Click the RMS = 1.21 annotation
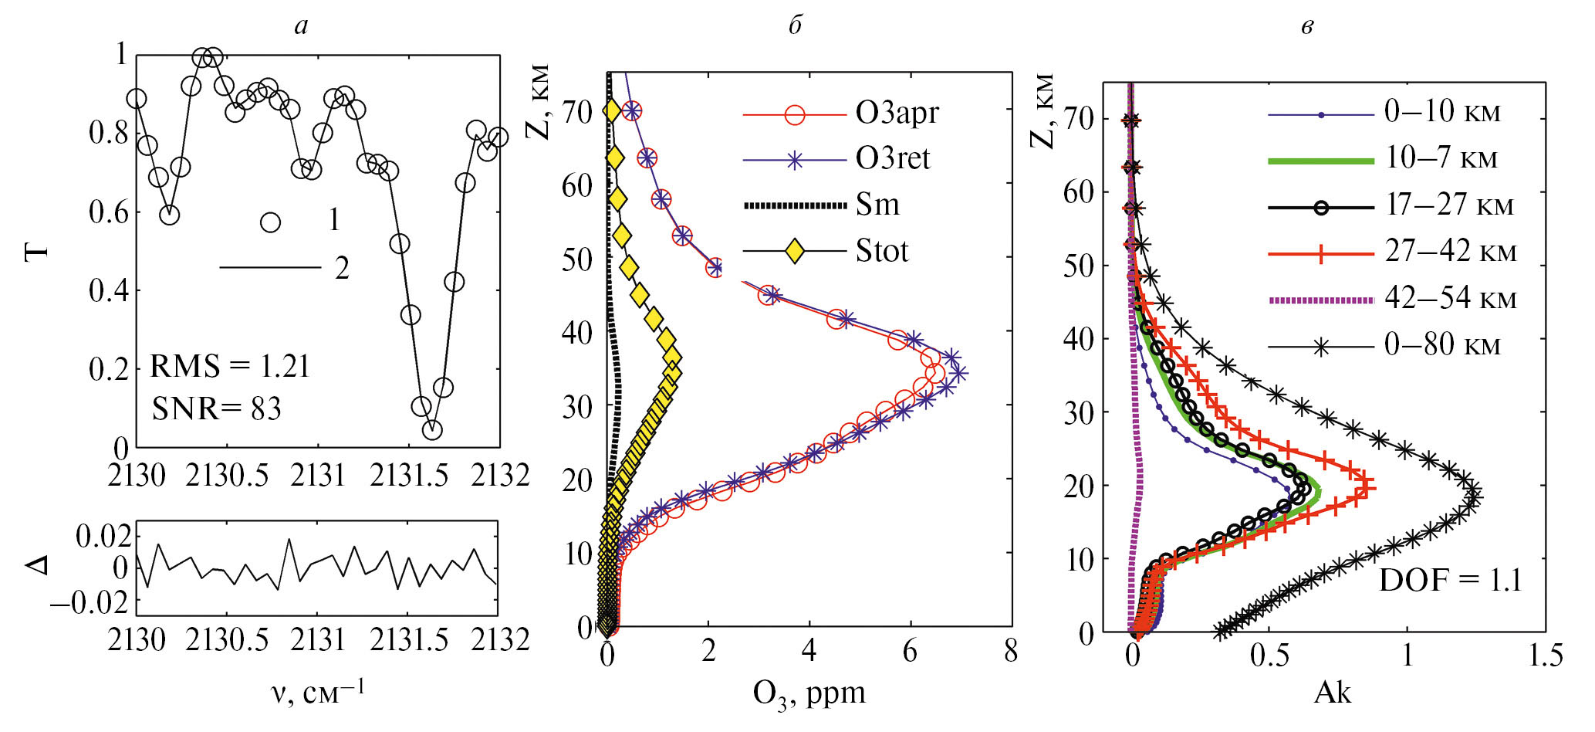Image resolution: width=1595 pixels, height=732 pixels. coord(229,366)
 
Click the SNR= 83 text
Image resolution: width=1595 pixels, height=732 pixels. coord(216,408)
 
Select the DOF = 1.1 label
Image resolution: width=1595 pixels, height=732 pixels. coord(1450,580)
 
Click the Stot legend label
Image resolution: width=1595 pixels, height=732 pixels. coord(882,251)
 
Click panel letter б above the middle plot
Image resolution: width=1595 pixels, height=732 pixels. coord(796,26)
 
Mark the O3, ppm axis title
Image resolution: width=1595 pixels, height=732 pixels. coord(809,693)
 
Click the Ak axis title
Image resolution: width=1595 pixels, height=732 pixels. coord(1333,693)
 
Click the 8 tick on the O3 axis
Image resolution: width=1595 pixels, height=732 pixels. coord(1011,652)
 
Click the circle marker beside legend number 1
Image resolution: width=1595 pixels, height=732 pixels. coord(270,222)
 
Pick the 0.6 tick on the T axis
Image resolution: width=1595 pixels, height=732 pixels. coord(109,212)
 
